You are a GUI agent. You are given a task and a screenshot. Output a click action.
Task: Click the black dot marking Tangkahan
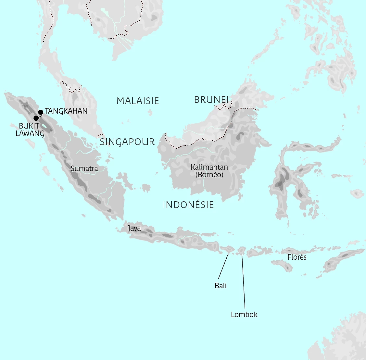tap(41, 112)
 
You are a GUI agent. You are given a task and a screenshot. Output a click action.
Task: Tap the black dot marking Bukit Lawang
tap(36, 118)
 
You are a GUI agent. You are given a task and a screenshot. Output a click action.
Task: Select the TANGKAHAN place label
tap(66, 111)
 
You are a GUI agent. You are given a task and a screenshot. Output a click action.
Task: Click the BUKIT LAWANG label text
tap(30, 129)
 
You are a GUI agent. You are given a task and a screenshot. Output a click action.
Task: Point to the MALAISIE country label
tap(138, 101)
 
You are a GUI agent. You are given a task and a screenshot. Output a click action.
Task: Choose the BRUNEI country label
tap(211, 100)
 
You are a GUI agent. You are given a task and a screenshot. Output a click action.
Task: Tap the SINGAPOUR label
tap(127, 142)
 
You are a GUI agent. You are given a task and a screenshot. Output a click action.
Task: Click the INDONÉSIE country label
tap(188, 205)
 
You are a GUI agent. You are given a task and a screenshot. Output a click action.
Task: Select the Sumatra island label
tap(84, 168)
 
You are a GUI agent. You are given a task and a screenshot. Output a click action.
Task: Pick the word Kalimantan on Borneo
tap(209, 168)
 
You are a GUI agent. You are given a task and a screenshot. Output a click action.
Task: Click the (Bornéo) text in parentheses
tap(209, 175)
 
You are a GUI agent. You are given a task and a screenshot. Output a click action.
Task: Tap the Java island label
tap(134, 229)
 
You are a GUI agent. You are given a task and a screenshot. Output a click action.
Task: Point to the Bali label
tap(221, 286)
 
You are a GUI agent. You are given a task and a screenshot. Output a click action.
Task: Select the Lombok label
tap(244, 314)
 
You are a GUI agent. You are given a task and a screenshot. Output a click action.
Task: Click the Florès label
tap(297, 257)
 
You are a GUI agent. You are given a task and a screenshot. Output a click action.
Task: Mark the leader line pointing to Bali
tap(223, 267)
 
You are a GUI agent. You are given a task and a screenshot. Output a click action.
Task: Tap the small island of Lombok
tap(242, 250)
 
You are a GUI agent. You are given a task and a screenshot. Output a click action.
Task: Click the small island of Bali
tap(227, 249)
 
